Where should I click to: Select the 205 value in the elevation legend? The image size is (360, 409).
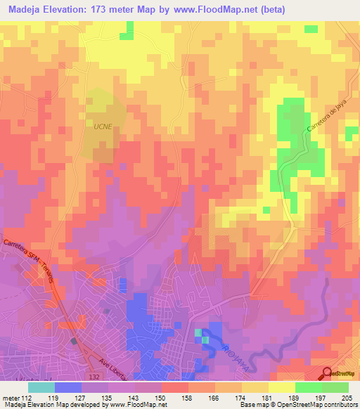coord(345,397)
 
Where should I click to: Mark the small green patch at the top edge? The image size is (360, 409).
coord(128,30)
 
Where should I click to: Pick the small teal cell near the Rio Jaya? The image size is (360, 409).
coord(198,332)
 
